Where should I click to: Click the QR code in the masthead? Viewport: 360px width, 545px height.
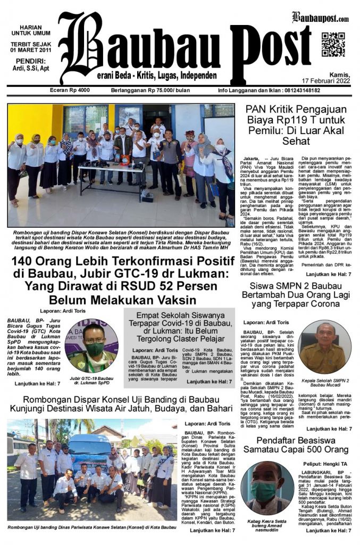[333, 44]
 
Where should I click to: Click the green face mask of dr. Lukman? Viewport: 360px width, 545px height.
[95, 349]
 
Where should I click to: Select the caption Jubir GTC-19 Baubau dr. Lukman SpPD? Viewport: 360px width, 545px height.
[93, 381]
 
